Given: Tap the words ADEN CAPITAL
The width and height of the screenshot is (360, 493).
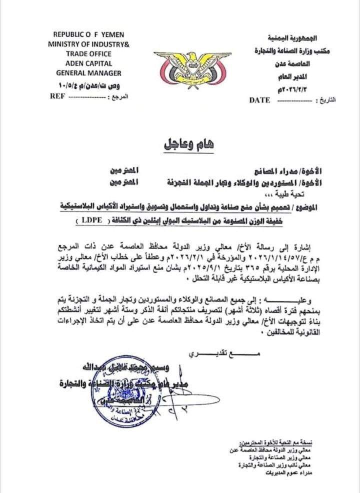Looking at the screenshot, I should [x=88, y=63].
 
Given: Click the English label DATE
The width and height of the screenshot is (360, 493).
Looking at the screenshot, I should [x=260, y=100].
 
